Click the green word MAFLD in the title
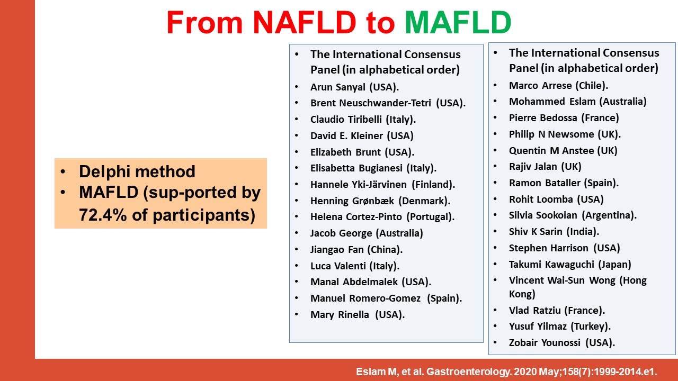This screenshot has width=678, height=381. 458,22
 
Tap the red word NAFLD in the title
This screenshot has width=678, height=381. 305,22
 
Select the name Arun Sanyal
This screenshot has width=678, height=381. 338,87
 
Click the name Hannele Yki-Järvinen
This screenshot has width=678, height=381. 359,185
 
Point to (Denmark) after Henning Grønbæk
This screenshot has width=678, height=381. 424,201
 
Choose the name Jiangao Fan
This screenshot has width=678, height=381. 337,249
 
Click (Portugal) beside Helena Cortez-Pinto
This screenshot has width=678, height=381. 430,217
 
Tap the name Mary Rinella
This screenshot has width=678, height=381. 340,314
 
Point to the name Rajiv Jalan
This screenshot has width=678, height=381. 533,167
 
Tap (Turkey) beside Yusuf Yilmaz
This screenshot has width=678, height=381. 591,326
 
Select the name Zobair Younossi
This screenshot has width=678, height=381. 545,342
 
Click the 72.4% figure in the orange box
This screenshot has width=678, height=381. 103,215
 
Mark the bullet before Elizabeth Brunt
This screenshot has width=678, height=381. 297,151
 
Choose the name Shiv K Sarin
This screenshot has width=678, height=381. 536,232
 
